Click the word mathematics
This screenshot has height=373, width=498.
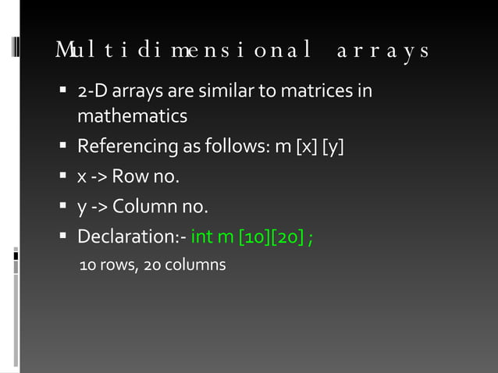132,116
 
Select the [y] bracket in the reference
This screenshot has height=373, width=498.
331,146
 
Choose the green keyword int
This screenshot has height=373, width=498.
201,236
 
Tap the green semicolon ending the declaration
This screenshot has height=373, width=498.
311,236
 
